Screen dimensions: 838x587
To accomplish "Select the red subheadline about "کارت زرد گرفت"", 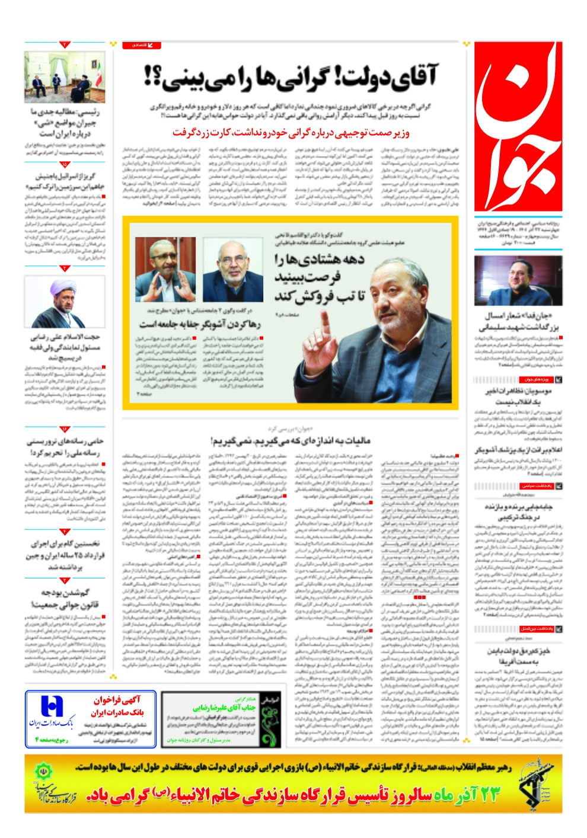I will tap(291, 133).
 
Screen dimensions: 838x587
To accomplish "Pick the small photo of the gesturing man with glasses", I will tap(165, 270).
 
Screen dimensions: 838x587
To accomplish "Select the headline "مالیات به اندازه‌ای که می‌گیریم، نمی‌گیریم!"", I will tap(290, 440).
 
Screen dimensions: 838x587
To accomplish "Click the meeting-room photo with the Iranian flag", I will tap(65, 77).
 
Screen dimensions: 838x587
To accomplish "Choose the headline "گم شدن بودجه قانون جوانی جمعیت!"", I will tap(65, 598).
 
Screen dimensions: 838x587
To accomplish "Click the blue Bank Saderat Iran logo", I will tap(52, 708).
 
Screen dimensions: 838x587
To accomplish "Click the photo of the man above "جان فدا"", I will tap(518, 280).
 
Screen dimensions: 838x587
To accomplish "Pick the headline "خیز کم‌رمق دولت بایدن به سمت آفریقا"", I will tap(518, 655).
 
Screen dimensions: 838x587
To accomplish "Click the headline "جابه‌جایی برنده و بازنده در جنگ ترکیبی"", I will tap(518, 512).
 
